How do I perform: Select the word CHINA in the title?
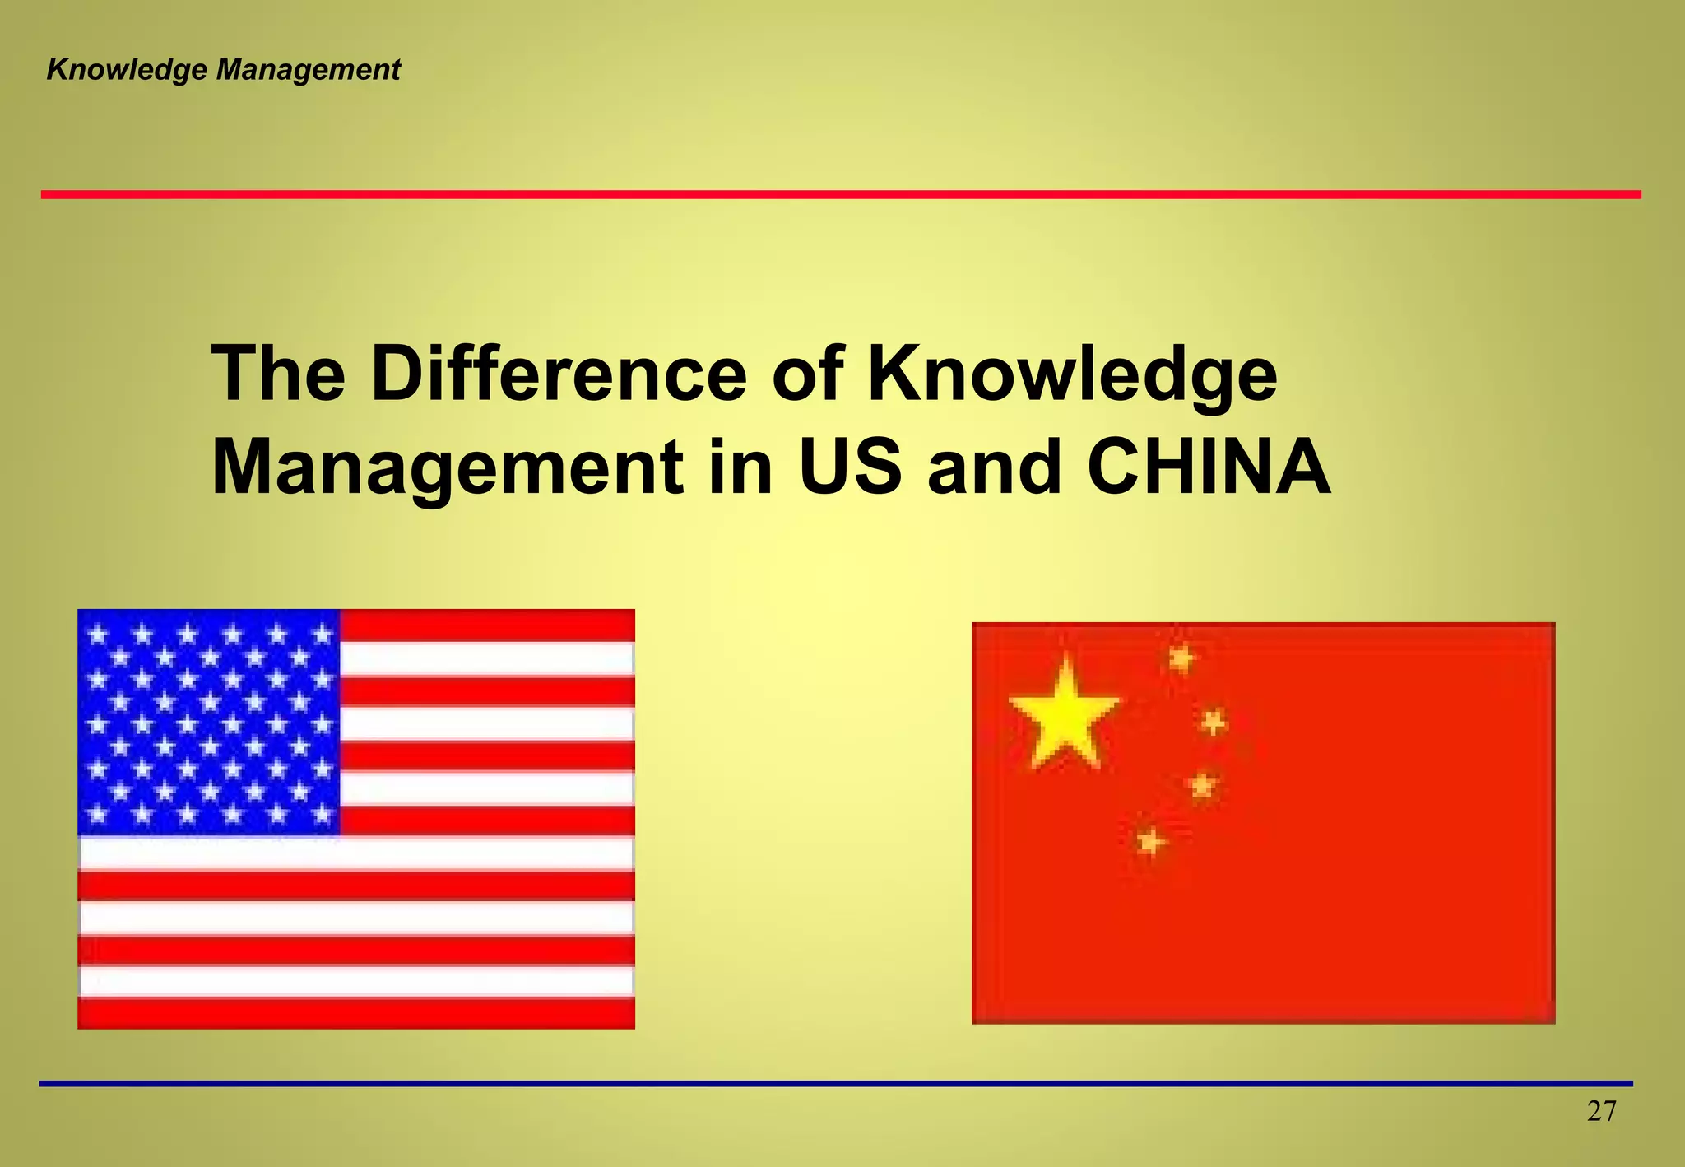tap(1209, 467)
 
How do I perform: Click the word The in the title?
tap(278, 374)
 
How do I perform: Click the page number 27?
tap(1601, 1112)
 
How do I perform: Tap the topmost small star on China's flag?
tap(1181, 658)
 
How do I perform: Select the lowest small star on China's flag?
tap(1151, 842)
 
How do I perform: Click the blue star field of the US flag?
tap(209, 723)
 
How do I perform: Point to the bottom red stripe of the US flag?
tap(355, 1013)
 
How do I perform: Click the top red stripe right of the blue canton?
tap(487, 625)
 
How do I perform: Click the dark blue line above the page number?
tap(836, 1084)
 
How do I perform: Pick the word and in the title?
tap(994, 467)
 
